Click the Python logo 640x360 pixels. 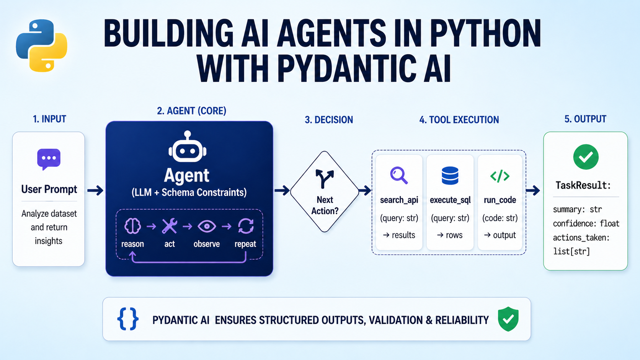(x=41, y=46)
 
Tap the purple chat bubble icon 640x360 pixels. (x=49, y=159)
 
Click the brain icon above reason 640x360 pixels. (x=132, y=226)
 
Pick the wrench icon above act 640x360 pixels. (x=169, y=226)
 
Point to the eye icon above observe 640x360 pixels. (x=207, y=226)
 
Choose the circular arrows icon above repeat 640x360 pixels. (x=245, y=226)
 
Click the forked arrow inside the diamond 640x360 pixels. (x=325, y=178)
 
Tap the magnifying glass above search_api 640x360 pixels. (x=399, y=176)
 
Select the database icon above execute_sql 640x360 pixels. (x=450, y=176)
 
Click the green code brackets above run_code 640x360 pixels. (x=500, y=176)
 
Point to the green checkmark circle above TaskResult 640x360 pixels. (x=586, y=157)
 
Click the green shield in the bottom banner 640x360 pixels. (x=508, y=319)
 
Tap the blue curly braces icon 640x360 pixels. (x=128, y=319)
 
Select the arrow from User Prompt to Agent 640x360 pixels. (x=95, y=190)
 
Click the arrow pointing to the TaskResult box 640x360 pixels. (x=533, y=190)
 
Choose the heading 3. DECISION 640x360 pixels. (x=329, y=120)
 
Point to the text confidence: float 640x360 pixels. (x=586, y=223)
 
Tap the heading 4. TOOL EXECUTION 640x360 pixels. (x=459, y=120)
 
